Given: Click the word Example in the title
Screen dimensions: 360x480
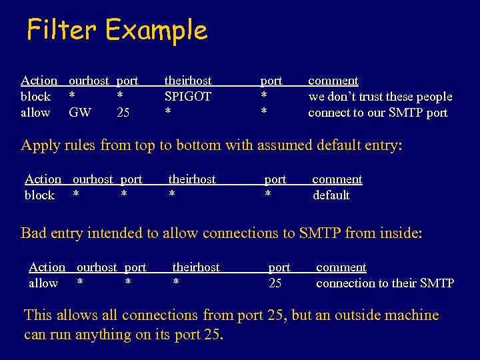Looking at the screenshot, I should coord(156,31).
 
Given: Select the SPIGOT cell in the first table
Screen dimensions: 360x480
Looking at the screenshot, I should coord(188,97).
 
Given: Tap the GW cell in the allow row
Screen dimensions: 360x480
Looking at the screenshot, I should coord(80,113).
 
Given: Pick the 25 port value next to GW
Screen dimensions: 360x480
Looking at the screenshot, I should coord(123,113).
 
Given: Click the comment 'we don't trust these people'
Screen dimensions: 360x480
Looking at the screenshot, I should coord(380,97).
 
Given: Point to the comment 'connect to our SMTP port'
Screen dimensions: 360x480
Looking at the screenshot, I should coord(377,113).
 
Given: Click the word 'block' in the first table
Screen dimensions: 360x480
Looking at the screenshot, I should coord(36,97).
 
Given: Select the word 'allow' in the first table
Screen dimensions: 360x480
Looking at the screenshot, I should coord(35,113).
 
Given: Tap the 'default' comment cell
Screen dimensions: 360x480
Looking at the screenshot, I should coord(331,195).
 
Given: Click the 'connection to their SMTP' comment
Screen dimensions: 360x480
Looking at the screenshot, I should coord(385,283).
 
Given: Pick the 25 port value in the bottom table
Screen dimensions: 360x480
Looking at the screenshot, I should coord(275,283).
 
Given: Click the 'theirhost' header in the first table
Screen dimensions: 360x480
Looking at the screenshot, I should coord(188,81).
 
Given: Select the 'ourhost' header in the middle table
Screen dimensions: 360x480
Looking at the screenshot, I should coord(93,179).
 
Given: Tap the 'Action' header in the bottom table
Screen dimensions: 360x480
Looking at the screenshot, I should coord(47,267).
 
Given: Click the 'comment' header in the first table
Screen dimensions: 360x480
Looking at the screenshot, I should coord(333,81).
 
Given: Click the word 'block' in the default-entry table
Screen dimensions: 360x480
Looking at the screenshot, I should coord(40,195).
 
